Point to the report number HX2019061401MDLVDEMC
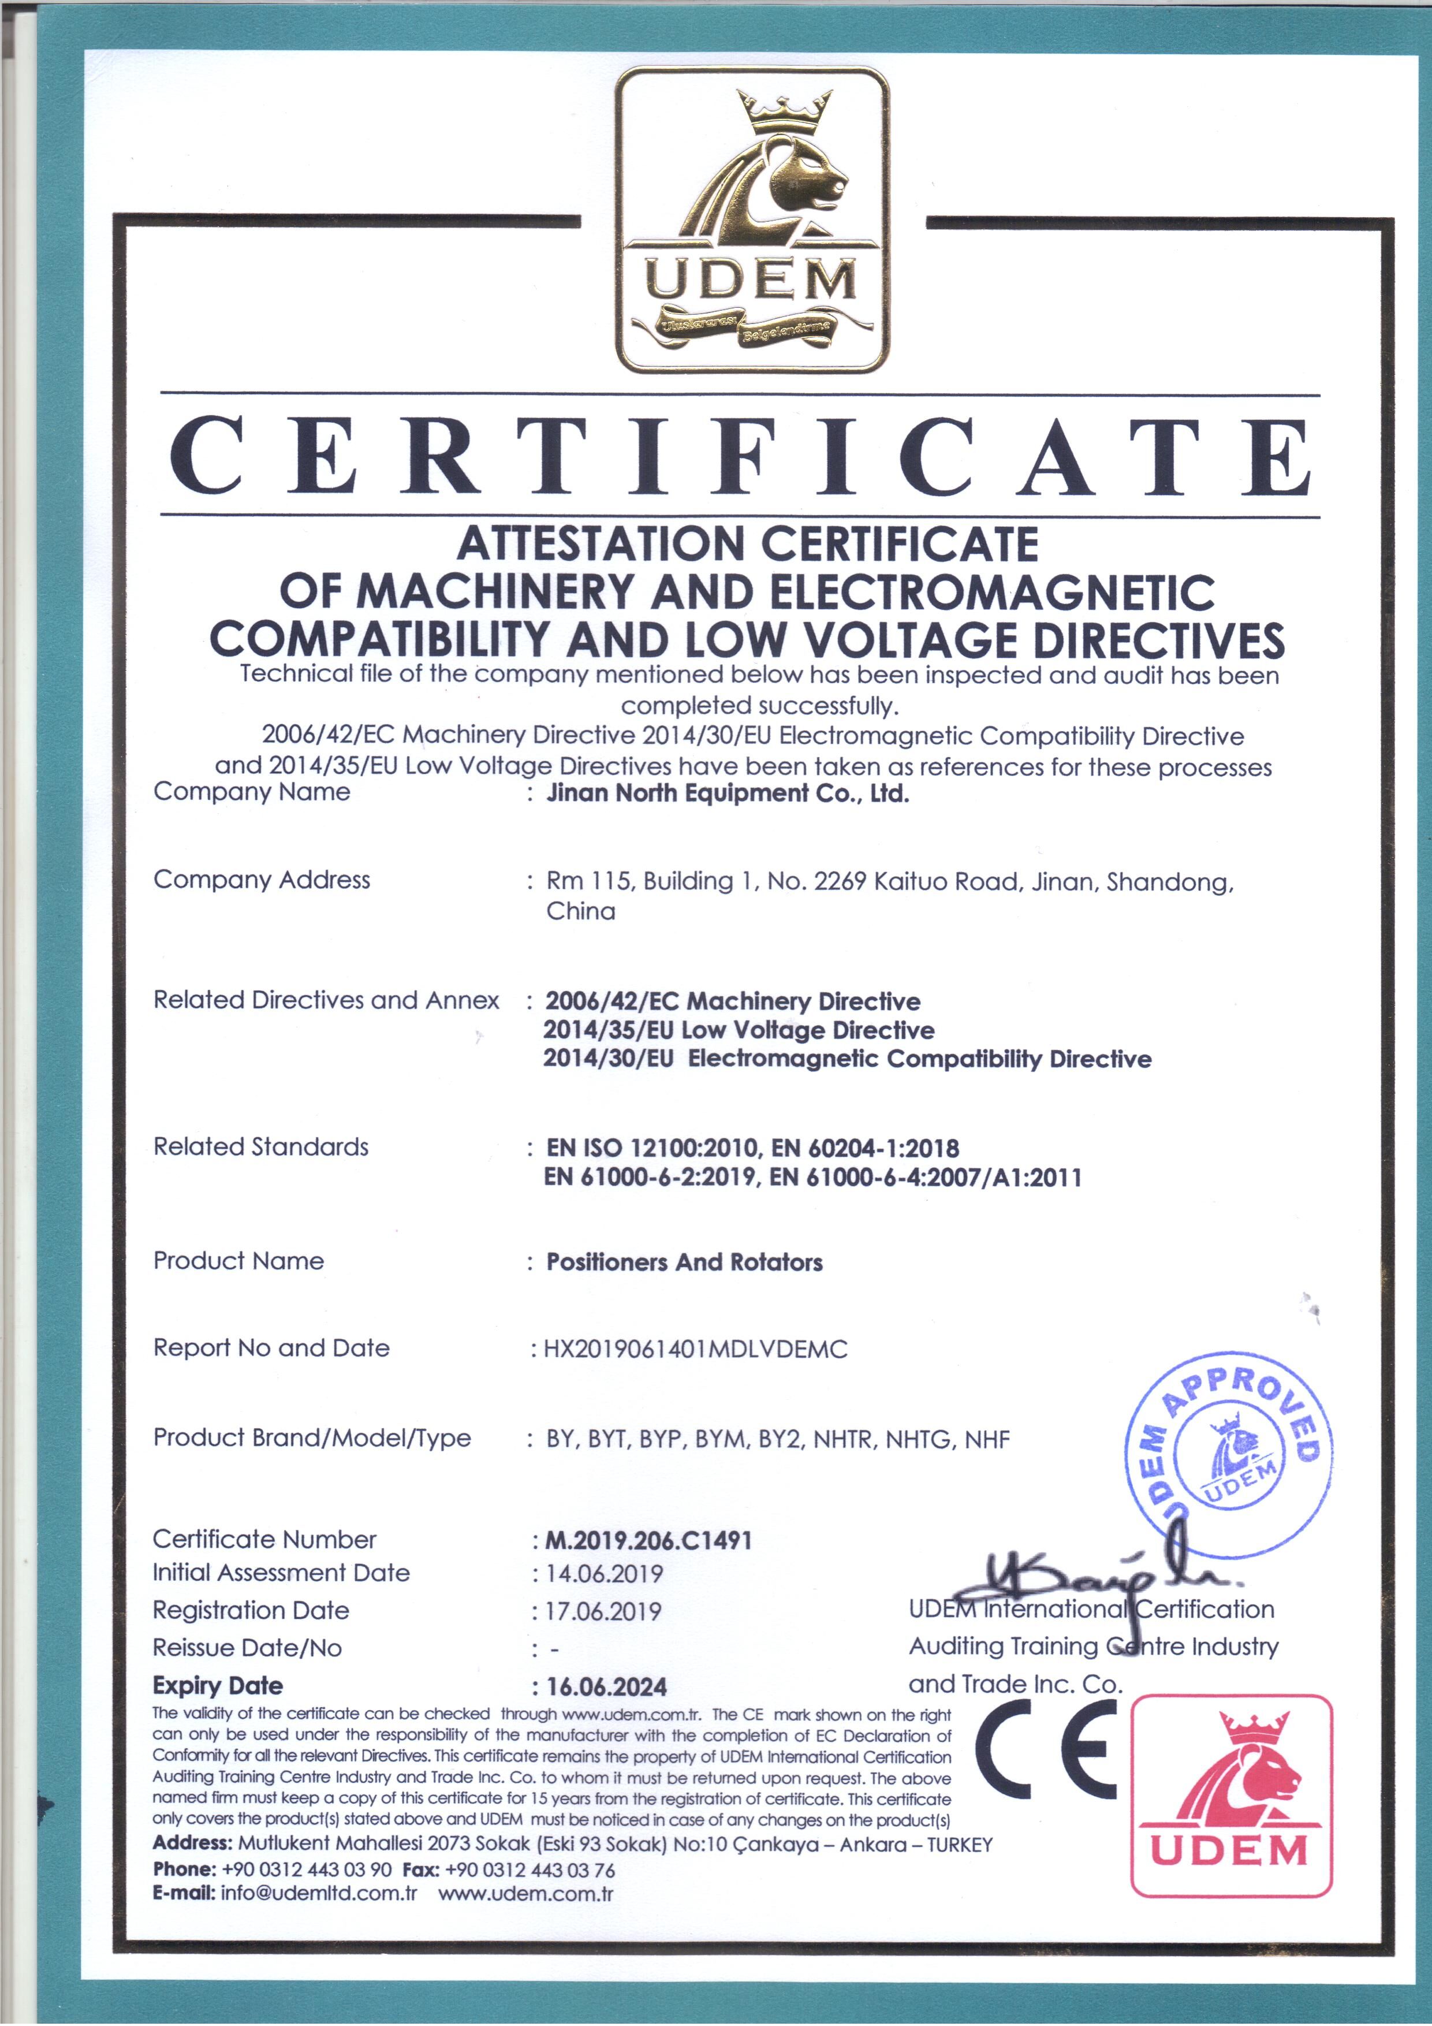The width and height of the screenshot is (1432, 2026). tap(695, 1349)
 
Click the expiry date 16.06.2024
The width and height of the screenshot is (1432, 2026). tap(607, 1687)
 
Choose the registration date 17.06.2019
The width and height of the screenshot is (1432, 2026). tap(603, 1612)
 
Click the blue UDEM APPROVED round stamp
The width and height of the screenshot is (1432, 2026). tap(1229, 1454)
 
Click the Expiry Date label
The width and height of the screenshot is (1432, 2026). tap(218, 1685)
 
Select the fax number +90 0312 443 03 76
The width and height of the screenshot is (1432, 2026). tap(530, 1870)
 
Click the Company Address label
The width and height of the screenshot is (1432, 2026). tap(262, 880)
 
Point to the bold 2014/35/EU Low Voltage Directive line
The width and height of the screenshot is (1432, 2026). tap(739, 1030)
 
